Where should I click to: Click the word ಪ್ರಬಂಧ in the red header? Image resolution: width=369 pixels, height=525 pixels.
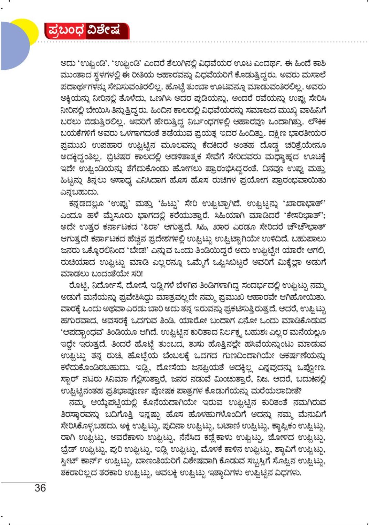[65, 31]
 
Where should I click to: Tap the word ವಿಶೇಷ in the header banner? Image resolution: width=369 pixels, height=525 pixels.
[104, 31]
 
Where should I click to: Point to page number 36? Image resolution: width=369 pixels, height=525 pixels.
[40, 487]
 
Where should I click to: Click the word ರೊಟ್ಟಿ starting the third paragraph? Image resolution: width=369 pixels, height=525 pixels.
[78, 285]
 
